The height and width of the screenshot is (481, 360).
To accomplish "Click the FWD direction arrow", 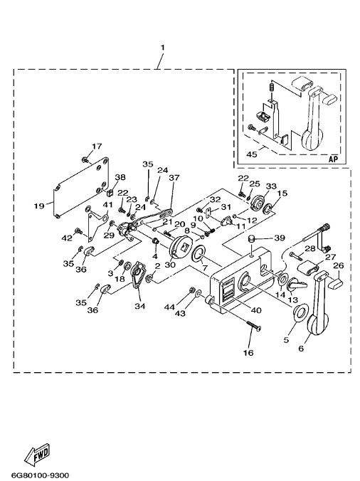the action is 37,453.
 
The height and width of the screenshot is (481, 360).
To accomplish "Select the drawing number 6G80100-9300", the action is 40,475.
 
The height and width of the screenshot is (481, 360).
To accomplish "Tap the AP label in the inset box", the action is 333,159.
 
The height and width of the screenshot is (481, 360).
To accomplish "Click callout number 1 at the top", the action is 162,48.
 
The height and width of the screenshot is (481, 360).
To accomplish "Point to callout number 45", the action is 252,154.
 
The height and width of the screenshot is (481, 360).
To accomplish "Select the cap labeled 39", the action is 251,238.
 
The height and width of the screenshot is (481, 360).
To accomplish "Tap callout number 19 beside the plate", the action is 39,206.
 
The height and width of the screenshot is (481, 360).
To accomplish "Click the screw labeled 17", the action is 85,159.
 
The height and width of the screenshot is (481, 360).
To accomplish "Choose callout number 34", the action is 140,306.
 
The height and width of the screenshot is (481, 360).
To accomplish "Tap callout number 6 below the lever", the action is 301,348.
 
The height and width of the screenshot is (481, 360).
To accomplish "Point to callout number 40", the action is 256,310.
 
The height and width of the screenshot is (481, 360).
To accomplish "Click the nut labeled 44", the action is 192,290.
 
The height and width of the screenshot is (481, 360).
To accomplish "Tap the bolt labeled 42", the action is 78,230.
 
